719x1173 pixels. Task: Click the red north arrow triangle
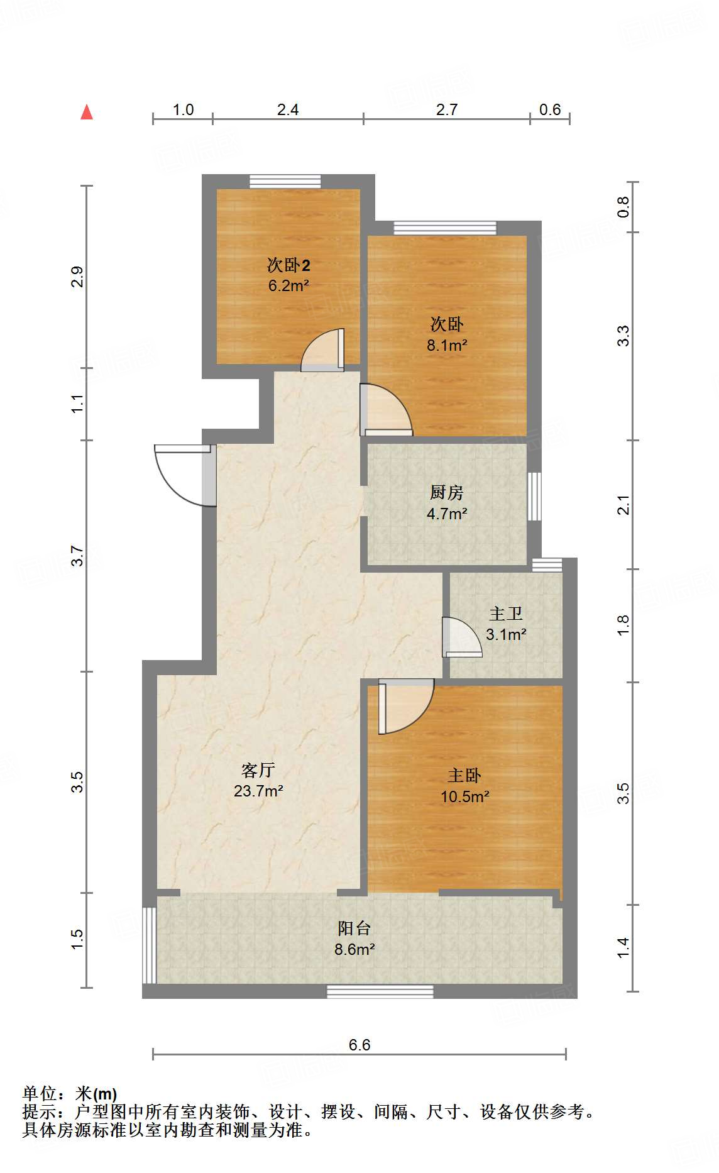tap(87, 113)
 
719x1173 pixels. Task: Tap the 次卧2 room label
tap(288, 265)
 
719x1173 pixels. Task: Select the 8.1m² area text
tap(447, 345)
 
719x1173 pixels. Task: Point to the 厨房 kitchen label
tap(447, 492)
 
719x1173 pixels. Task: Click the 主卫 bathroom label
tap(506, 614)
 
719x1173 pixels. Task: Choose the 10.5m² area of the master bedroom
tap(464, 796)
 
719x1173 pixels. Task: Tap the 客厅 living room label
tap(258, 770)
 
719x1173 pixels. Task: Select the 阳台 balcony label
tap(354, 928)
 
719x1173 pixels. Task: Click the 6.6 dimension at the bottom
tap(359, 1045)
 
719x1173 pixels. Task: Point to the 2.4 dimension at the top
tap(288, 110)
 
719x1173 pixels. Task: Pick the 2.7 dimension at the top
tap(447, 110)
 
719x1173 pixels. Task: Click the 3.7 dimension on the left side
tap(77, 556)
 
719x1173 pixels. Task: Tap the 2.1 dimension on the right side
tap(623, 505)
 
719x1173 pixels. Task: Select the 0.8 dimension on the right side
tap(623, 207)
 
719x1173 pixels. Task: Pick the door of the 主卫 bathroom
tap(461, 637)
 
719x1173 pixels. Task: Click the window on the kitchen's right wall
tap(534, 497)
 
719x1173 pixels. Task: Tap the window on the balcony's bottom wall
tap(380, 991)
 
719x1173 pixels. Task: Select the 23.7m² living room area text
tap(258, 791)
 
